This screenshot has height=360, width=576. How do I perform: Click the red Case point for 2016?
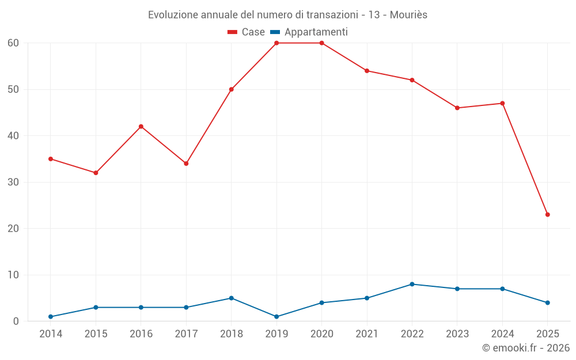141,127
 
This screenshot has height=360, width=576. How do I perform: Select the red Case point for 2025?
547,215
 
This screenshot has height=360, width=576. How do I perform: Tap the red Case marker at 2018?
232,89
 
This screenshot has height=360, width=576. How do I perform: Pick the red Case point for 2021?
367,71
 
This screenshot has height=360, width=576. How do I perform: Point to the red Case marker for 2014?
51,159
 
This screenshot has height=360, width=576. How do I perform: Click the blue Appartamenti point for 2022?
412,285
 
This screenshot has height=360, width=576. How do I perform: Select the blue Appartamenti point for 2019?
276,317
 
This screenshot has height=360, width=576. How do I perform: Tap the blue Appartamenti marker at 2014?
51,317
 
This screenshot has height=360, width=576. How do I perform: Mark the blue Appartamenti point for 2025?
547,303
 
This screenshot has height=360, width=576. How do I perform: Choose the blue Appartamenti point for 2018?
232,298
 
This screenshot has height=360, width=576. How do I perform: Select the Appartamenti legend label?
316,32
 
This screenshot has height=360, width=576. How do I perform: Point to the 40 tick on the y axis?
13,136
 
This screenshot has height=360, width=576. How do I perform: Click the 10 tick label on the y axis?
13,275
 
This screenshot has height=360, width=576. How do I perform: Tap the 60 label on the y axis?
13,43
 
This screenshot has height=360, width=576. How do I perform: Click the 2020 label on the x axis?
322,334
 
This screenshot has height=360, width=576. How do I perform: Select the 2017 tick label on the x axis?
186,334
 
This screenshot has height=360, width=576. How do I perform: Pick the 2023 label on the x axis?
457,334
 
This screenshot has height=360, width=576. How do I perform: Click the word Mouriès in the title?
408,14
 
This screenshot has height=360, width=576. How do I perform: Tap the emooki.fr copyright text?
525,348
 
